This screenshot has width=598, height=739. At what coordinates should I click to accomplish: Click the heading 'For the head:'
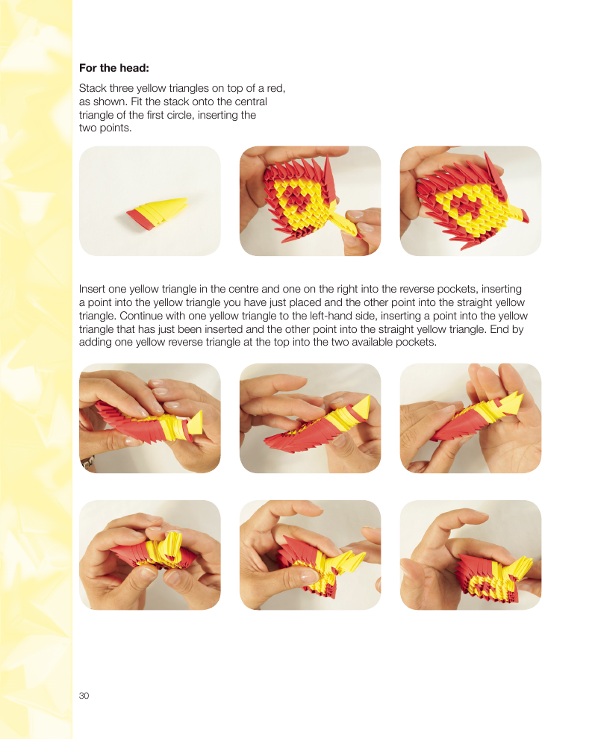click(x=114, y=68)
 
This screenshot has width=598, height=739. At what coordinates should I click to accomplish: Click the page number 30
click(x=84, y=696)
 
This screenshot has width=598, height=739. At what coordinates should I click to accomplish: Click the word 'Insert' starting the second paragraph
click(x=93, y=289)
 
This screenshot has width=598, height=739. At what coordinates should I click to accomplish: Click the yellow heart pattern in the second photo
click(x=301, y=198)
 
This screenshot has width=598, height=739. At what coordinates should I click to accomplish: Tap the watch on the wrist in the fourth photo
click(x=88, y=462)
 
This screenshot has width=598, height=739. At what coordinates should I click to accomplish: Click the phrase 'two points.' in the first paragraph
click(x=105, y=128)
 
